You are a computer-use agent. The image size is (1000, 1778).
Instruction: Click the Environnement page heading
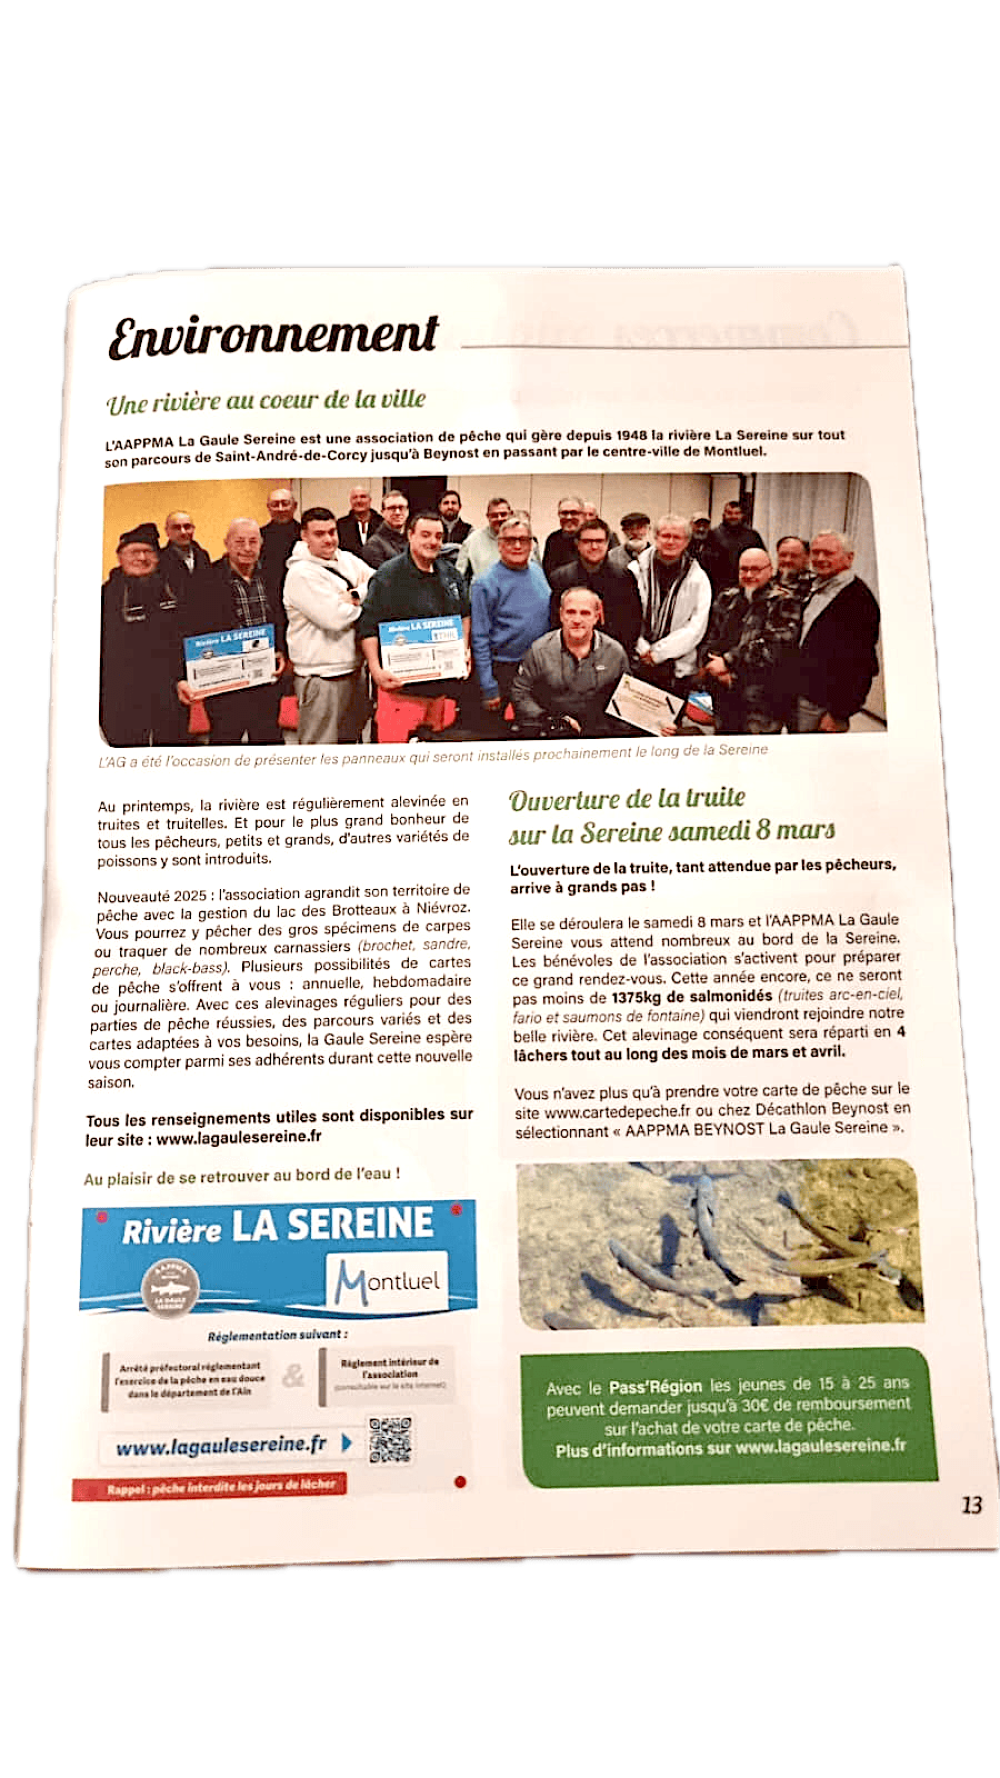[273, 336]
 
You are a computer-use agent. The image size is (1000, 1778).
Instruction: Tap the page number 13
[971, 1505]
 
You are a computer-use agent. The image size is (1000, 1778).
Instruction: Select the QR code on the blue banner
[390, 1441]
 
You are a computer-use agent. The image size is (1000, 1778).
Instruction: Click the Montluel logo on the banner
[387, 1281]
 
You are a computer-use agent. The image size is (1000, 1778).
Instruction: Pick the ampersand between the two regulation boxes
[293, 1376]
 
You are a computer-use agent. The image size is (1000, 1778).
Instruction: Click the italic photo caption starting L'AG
[432, 756]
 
